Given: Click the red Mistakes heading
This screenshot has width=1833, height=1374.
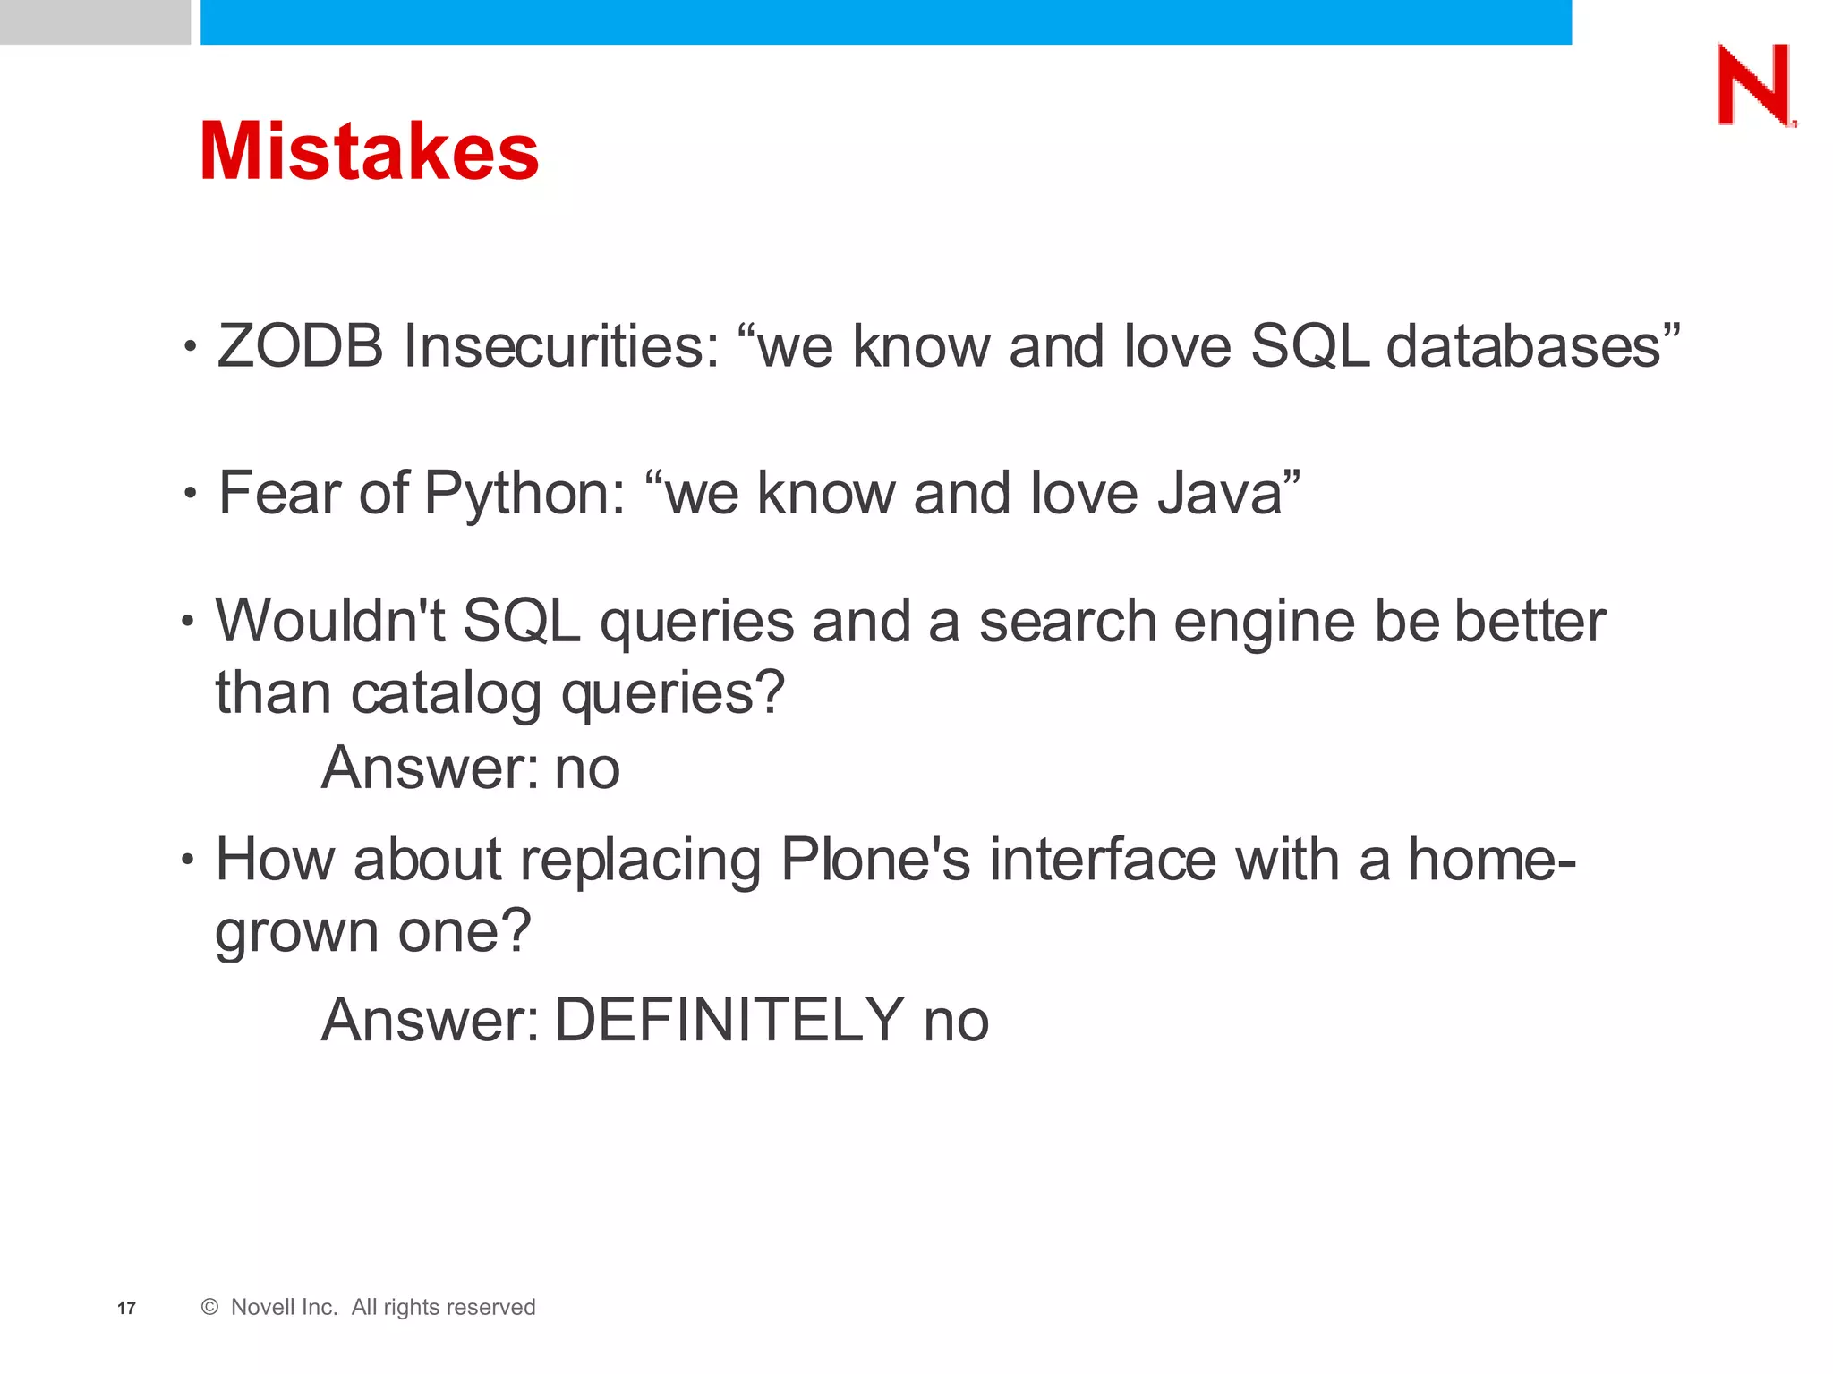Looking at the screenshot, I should [369, 151].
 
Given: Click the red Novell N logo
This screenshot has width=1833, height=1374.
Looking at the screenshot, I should [1755, 86].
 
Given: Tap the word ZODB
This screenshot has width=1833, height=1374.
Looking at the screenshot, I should [300, 346].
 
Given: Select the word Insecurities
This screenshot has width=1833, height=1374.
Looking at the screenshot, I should [561, 346].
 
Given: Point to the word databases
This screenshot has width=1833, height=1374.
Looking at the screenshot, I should [1523, 346].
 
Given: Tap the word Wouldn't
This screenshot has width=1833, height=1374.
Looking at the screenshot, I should [329, 621].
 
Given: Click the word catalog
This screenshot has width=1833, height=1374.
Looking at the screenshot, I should [447, 694].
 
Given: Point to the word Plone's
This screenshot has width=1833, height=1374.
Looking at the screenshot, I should [875, 861].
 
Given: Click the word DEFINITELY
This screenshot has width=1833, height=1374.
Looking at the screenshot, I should [729, 1020].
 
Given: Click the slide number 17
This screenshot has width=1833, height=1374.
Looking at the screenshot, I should [126, 1309].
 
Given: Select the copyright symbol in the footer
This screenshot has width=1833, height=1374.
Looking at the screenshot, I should [210, 1307].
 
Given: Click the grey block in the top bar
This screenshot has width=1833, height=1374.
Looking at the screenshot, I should [95, 21].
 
